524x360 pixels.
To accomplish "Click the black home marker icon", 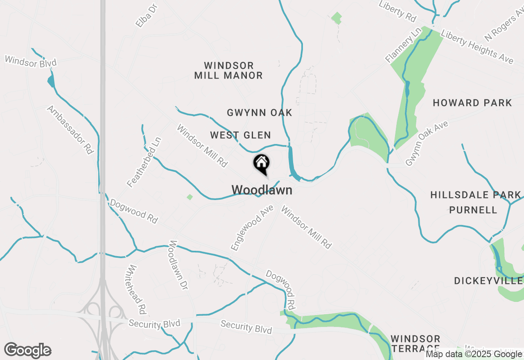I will [x=262, y=164].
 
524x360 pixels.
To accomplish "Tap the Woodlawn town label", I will [x=262, y=190].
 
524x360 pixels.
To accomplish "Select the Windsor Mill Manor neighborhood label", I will [x=228, y=70].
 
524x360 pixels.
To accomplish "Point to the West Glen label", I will [x=240, y=135].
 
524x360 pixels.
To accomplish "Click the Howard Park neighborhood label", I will [x=472, y=103].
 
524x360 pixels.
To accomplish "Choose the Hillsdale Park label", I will [x=475, y=195].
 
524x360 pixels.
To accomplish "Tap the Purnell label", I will [x=473, y=210].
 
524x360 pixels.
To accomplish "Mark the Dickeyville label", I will [x=488, y=281].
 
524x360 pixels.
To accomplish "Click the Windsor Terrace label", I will [x=415, y=344].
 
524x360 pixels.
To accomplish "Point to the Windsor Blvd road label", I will [x=30, y=61].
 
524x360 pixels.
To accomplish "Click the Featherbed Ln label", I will [x=145, y=162].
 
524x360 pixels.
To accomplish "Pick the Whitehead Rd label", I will [x=137, y=289].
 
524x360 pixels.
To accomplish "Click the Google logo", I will [x=28, y=351].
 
